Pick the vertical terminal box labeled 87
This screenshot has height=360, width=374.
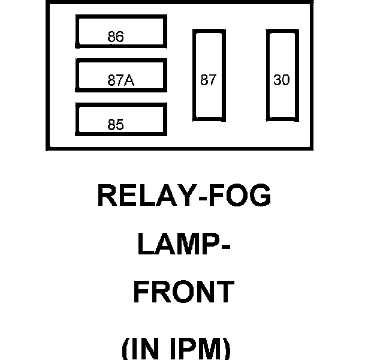208,74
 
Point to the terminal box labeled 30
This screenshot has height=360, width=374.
282,74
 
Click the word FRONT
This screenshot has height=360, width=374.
183,292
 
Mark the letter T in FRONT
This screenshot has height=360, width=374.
223,292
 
